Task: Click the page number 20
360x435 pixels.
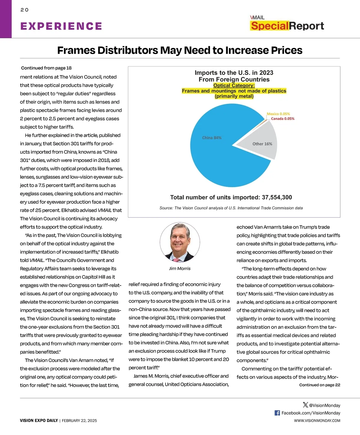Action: (24, 10)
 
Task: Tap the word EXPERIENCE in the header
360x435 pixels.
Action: (61, 26)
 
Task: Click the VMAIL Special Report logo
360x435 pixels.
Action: (287, 23)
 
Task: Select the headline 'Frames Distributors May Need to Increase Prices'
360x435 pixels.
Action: (180, 50)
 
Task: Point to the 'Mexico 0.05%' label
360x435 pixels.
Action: (278, 114)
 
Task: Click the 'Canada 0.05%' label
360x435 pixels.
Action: (283, 119)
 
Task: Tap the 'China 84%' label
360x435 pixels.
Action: (212, 138)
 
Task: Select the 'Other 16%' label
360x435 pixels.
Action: (262, 144)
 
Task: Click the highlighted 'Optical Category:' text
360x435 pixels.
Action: (234, 85)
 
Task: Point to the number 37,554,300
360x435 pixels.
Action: (277, 197)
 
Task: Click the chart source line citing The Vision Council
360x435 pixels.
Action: (231, 208)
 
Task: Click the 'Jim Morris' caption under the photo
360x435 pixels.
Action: (180, 268)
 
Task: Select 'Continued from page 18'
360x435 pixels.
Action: (46, 68)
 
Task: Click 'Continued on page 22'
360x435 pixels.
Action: (319, 385)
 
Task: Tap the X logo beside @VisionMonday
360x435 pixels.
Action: (305, 405)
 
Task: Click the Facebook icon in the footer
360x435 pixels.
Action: (277, 413)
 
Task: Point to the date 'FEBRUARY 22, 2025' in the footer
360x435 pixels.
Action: (79, 421)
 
